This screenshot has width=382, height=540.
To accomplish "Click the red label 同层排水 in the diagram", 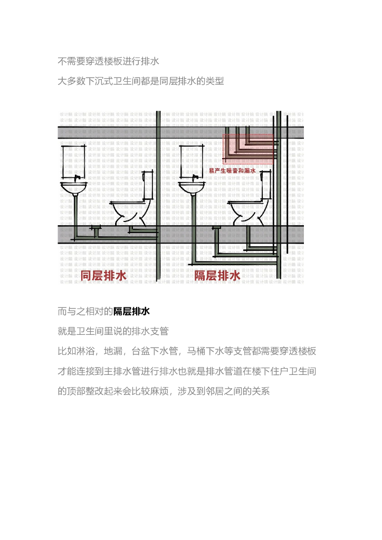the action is (103, 275).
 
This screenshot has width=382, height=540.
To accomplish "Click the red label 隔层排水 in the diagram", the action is (217, 275).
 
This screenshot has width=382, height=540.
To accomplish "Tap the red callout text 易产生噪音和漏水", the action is (232, 171).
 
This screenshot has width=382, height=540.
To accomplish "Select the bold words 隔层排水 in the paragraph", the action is (132, 311).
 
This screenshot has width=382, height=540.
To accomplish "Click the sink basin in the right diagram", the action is (190, 187).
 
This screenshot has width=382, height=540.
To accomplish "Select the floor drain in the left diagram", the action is (96, 228).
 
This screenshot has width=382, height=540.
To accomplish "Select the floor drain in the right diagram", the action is (216, 227).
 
